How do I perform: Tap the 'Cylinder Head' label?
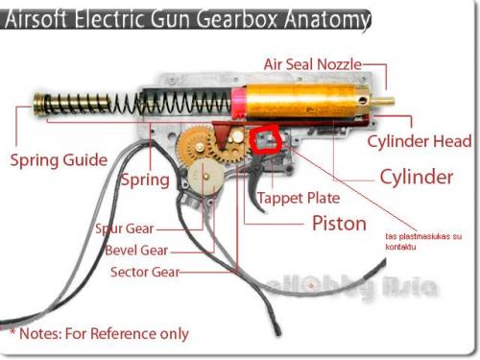tap(420, 141)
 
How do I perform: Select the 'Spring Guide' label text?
tap(58, 159)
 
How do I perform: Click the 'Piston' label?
tap(339, 224)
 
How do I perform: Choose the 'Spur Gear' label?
tap(124, 229)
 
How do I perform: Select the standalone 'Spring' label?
tap(145, 180)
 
